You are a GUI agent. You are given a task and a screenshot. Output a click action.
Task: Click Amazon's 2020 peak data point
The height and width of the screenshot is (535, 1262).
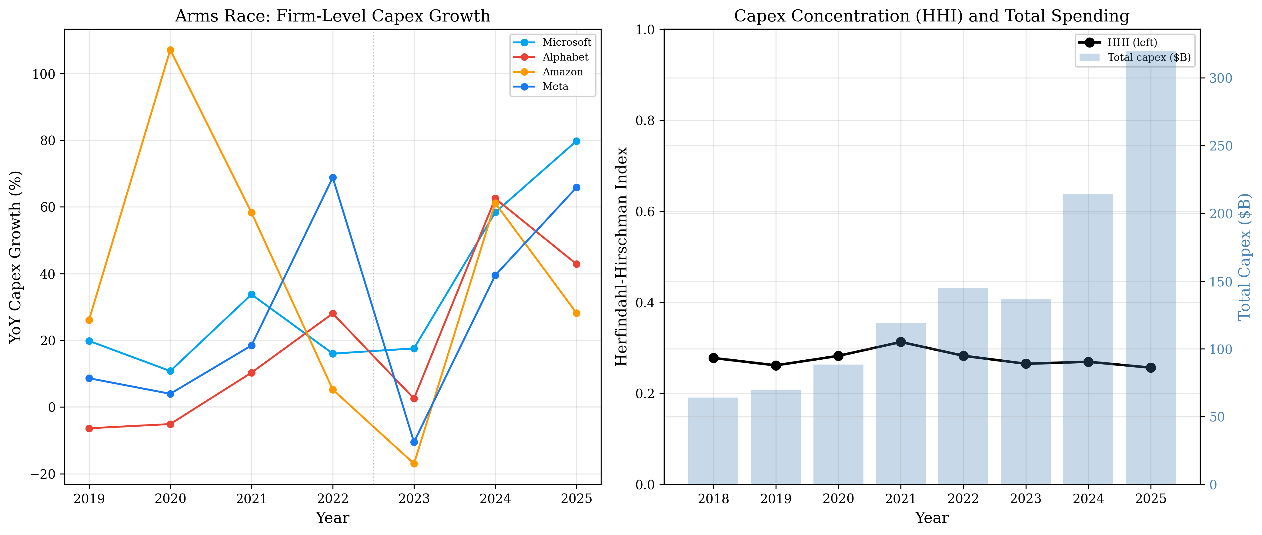[171, 51]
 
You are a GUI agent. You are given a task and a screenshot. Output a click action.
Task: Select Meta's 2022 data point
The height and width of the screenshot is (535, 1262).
[333, 178]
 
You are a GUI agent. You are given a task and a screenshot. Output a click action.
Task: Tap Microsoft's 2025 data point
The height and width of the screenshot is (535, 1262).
[577, 141]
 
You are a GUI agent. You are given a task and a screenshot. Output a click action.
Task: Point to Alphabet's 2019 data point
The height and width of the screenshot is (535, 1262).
[89, 428]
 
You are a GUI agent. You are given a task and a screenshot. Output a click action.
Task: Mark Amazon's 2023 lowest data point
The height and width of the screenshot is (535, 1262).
[414, 463]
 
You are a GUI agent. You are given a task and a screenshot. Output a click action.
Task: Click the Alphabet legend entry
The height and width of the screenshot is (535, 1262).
[565, 57]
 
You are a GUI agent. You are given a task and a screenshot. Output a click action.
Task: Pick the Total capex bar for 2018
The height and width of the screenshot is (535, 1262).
[713, 441]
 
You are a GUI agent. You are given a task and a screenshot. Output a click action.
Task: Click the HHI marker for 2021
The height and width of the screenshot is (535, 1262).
[900, 342]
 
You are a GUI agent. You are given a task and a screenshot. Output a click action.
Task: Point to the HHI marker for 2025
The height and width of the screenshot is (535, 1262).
[1151, 368]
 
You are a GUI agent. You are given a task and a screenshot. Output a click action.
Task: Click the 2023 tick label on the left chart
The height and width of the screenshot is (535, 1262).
[414, 499]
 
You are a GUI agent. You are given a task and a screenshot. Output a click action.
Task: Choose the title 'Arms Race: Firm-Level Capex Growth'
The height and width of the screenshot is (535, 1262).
[333, 16]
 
